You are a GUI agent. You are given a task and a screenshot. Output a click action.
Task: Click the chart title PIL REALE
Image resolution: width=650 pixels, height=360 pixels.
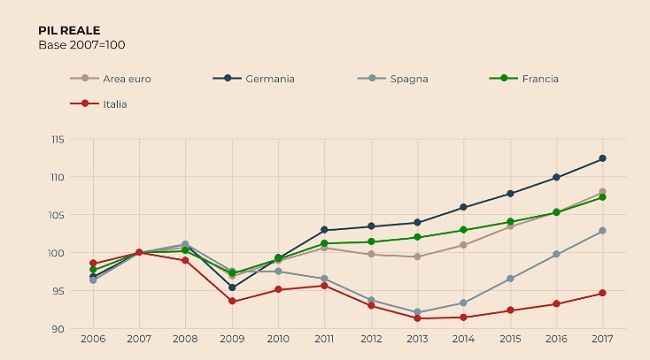[x=69, y=31]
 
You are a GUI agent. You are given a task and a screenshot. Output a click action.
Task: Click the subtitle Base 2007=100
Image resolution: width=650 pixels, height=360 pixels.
[x=82, y=45]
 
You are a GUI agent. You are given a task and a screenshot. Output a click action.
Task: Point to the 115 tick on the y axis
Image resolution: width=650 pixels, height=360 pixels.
[x=58, y=139]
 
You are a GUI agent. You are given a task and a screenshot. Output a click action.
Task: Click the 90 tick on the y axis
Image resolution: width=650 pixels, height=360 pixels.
[x=59, y=329]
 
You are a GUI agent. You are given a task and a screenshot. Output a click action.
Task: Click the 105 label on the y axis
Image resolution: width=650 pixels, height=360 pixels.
[x=58, y=215]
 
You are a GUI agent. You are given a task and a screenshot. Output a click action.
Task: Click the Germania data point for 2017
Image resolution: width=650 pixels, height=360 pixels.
[x=602, y=158]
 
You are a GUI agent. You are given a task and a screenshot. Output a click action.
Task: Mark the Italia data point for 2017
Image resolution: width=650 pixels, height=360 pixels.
[x=602, y=293]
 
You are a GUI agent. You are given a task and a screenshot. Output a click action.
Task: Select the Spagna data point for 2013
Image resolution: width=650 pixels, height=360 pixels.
[x=417, y=312]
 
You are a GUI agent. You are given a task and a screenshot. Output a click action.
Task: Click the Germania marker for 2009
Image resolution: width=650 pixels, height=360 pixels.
[x=232, y=287]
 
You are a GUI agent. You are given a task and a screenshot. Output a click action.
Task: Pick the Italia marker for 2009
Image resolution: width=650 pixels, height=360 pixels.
[x=232, y=301]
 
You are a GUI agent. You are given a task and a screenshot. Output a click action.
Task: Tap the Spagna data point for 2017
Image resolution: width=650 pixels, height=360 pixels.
[x=602, y=230]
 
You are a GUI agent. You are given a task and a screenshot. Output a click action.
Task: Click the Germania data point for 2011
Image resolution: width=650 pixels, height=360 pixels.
[x=324, y=230]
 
